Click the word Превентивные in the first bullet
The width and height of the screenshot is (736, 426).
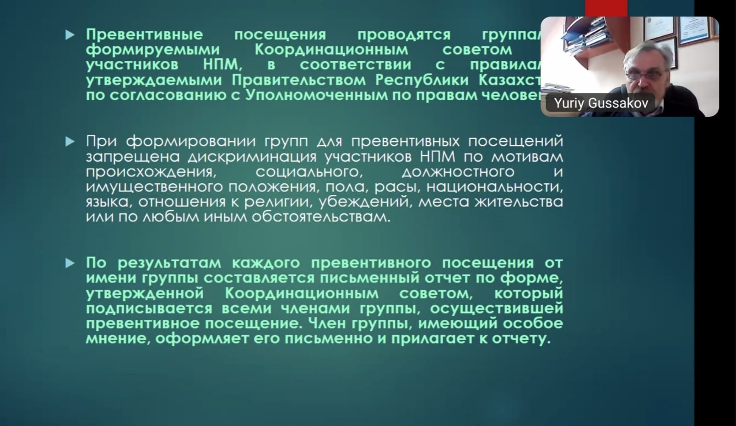pyautogui.click(x=144, y=35)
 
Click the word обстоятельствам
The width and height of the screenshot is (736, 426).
pyautogui.click(x=320, y=217)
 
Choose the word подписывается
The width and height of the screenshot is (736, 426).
pyautogui.click(x=149, y=308)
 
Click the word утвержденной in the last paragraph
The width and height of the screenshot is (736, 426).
pyautogui.click(x=144, y=293)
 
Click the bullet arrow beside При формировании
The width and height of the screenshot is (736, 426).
pyautogui.click(x=70, y=142)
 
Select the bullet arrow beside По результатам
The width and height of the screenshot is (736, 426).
pyautogui.click(x=70, y=263)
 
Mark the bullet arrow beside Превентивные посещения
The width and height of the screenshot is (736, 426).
pyautogui.click(x=70, y=35)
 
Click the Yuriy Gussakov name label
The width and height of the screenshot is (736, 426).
pyautogui.click(x=601, y=103)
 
